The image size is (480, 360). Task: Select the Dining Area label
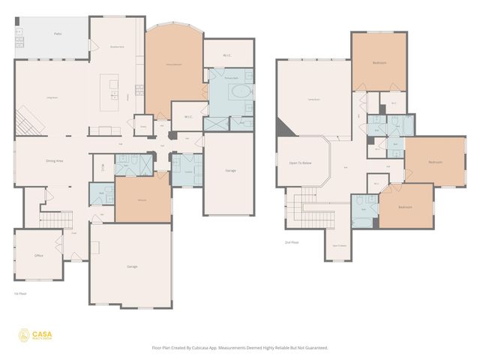tap(54, 160)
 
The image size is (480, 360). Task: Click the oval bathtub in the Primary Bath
tap(241, 93)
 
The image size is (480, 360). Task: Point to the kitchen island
tap(115, 87)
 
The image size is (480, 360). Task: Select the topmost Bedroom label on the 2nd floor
tap(379, 63)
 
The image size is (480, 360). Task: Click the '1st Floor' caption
tap(21, 293)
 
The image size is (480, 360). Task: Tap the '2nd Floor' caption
tap(292, 242)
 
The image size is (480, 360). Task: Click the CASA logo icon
tap(25, 335)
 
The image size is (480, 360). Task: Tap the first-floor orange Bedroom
tap(142, 199)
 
